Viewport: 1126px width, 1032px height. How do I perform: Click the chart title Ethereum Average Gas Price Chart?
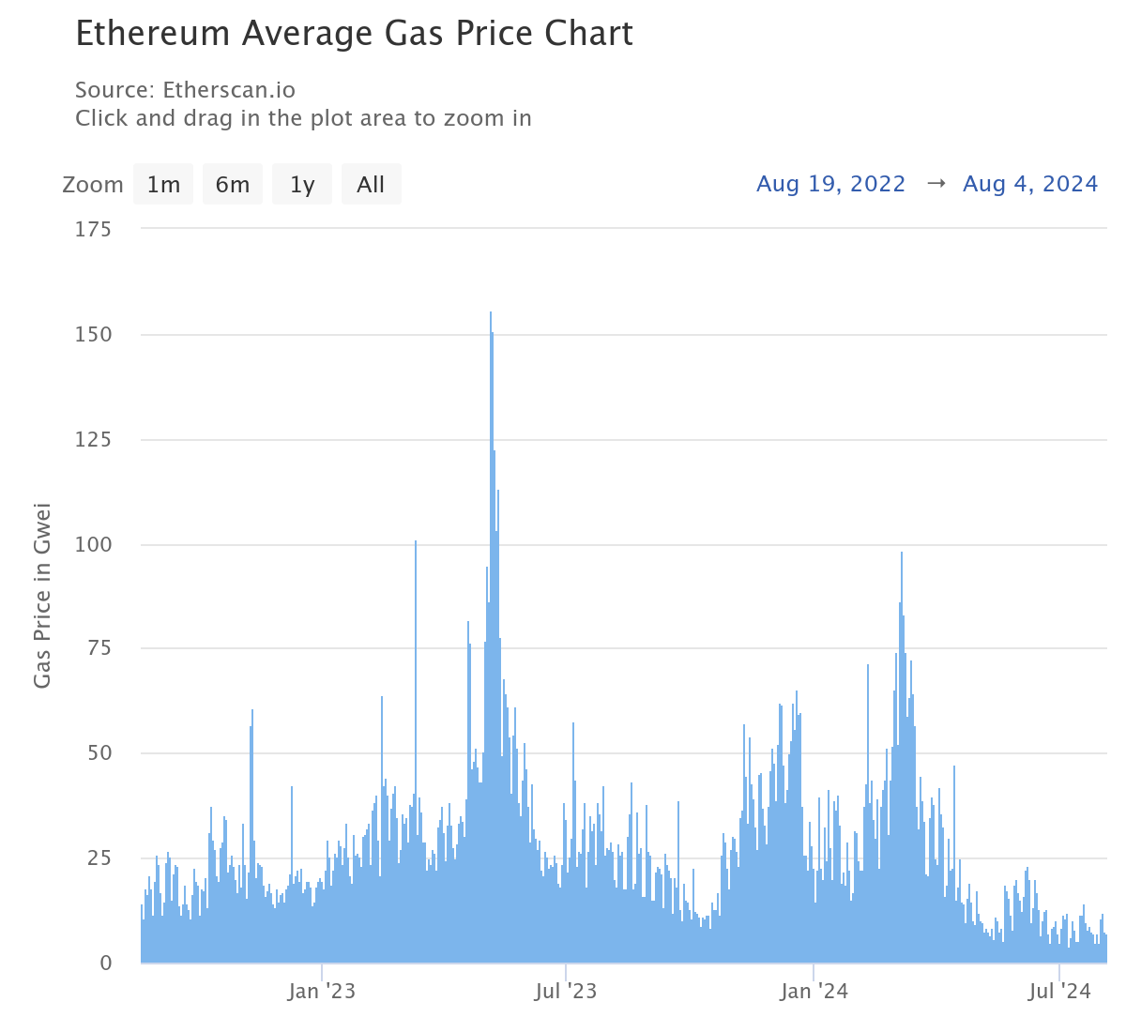[x=354, y=34]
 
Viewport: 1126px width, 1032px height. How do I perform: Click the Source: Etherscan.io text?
[x=185, y=90]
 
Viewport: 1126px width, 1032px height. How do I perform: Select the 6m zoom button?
[x=233, y=185]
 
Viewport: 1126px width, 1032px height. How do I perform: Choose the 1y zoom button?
[x=302, y=185]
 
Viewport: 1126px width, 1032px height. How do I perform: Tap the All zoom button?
[x=371, y=185]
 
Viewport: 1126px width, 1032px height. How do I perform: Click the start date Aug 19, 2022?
[x=830, y=184]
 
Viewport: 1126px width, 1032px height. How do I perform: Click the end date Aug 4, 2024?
[x=1029, y=184]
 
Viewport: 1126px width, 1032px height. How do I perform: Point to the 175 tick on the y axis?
[x=93, y=230]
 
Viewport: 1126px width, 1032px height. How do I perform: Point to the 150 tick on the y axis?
[x=93, y=335]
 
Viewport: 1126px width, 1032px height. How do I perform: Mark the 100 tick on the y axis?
[x=93, y=545]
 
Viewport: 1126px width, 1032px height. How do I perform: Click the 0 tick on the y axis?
[x=105, y=964]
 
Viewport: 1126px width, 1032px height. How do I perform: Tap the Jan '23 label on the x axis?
[x=321, y=992]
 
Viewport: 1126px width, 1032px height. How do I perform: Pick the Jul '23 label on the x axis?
[x=566, y=992]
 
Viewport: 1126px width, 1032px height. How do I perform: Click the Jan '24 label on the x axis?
[x=814, y=992]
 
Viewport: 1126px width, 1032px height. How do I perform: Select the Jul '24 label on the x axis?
[x=1059, y=992]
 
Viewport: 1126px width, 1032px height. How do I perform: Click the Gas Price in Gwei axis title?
[x=42, y=596]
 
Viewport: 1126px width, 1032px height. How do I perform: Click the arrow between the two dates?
[x=935, y=184]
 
